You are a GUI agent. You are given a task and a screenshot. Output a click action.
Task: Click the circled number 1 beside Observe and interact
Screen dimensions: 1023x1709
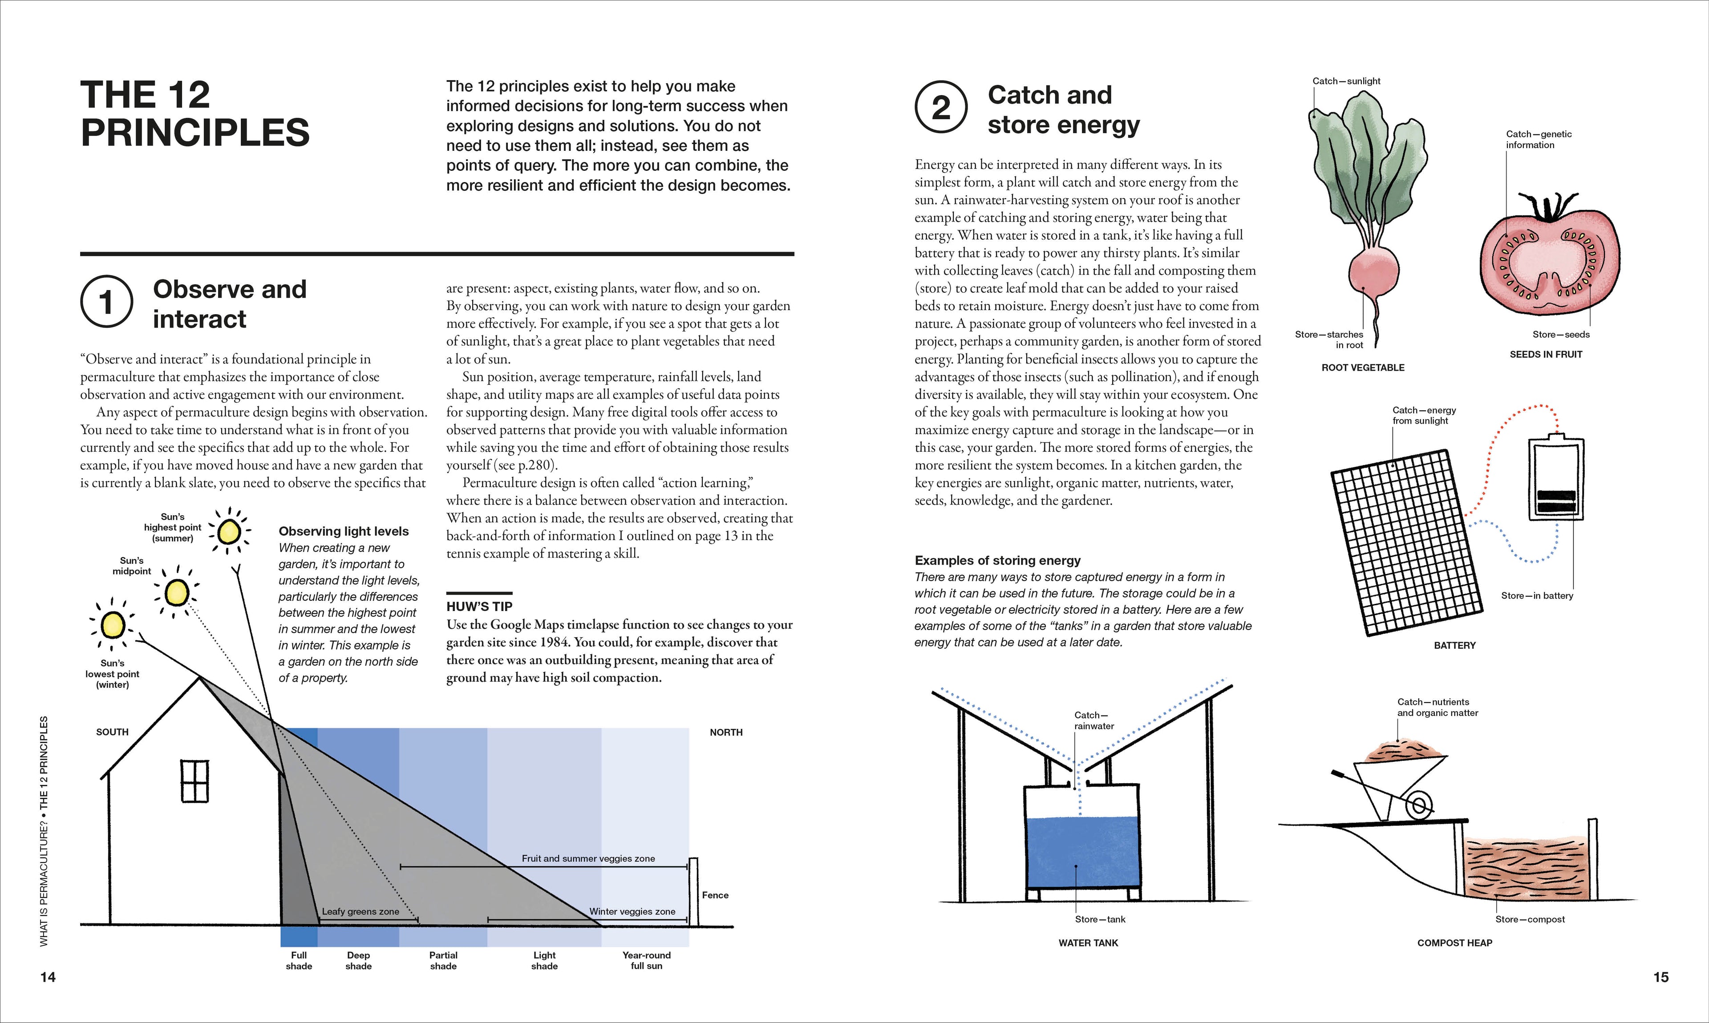coord(106,302)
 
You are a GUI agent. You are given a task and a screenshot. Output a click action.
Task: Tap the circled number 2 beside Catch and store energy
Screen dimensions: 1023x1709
coord(940,108)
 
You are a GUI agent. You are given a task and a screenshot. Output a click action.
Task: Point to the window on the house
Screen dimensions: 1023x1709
coord(195,781)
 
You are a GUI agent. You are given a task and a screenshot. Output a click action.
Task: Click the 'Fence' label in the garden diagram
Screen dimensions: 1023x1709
coord(715,895)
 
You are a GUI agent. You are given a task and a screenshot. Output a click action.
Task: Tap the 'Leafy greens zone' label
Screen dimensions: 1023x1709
coord(360,911)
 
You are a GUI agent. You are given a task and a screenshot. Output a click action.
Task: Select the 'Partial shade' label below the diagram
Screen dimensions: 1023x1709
coord(443,960)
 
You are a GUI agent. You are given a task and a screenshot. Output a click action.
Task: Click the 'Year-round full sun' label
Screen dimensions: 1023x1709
coord(646,960)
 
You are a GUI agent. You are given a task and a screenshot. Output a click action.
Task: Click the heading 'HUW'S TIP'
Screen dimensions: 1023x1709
coord(479,607)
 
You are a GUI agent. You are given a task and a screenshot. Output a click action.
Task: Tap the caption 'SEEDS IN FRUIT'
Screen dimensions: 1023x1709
coord(1546,354)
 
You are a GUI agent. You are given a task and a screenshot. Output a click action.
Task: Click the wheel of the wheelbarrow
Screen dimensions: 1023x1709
coord(1419,805)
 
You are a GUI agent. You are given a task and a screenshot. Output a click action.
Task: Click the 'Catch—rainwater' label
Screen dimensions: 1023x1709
coord(1093,720)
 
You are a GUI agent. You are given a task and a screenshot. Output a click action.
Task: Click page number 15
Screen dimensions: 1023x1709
coord(1660,977)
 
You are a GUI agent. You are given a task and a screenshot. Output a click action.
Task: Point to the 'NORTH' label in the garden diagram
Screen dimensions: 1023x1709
coord(726,732)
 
